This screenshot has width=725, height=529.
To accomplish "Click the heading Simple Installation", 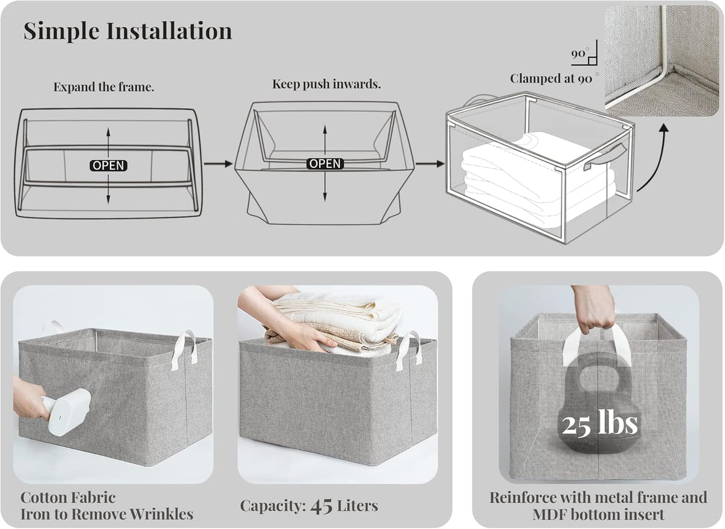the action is tap(128, 31).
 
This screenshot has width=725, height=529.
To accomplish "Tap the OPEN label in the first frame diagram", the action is tap(108, 165).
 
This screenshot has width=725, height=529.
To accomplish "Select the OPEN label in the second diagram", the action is tap(325, 164).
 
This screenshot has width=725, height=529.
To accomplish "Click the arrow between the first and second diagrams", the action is tap(219, 164).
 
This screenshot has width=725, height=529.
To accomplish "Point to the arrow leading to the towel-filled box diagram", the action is tap(430, 164).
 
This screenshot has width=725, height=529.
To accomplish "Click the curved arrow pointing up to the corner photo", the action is tap(657, 162).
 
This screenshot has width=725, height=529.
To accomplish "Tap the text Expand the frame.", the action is tap(103, 87).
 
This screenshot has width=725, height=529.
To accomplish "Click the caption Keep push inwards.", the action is tap(327, 84).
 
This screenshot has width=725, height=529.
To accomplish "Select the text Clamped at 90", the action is tap(551, 79).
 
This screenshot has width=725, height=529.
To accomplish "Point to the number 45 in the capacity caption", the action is tap(321, 506).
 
